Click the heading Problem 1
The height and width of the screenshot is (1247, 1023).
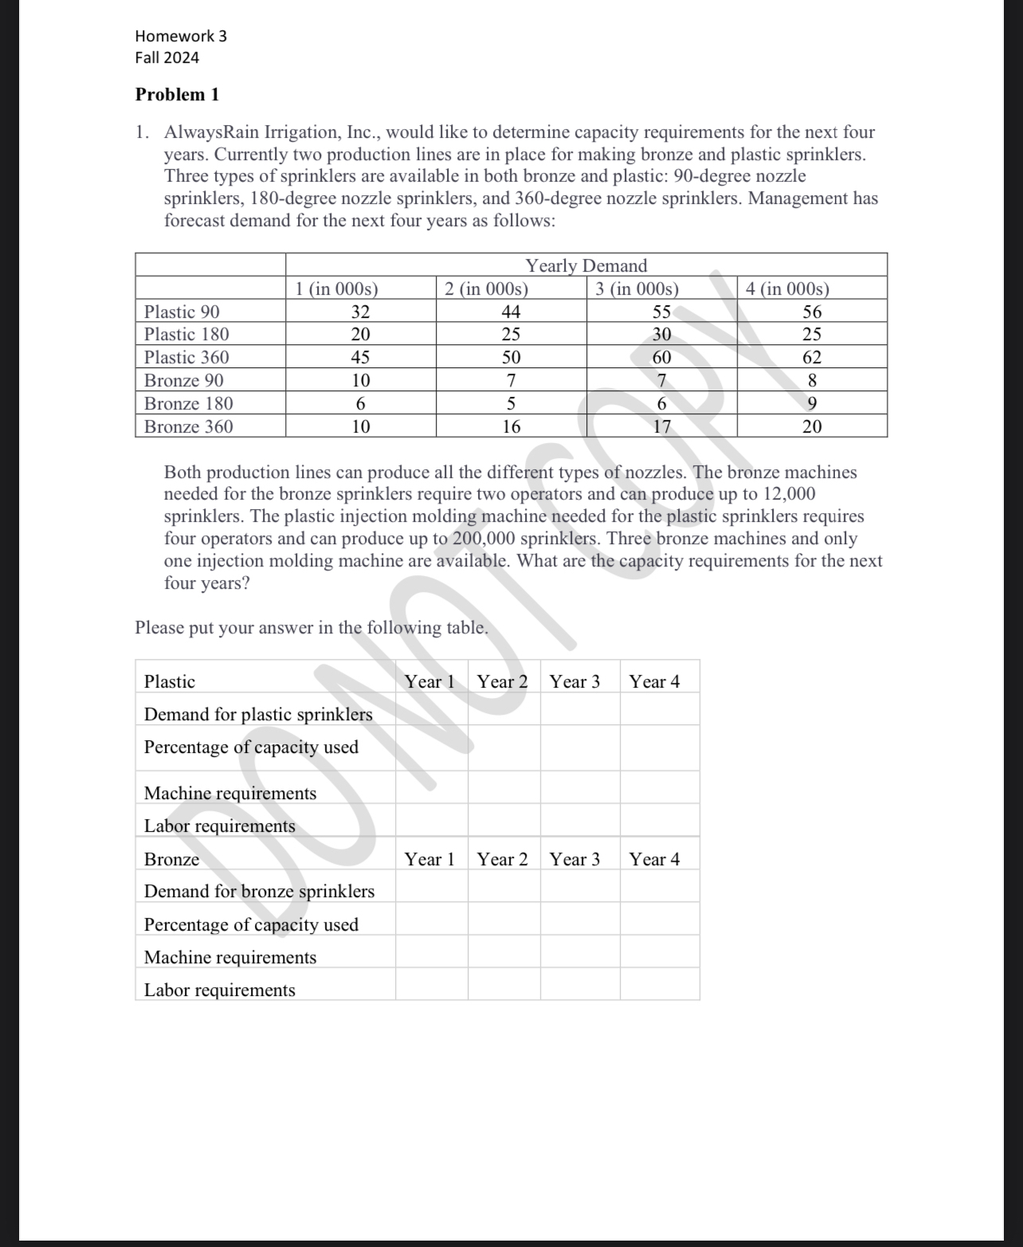[177, 95]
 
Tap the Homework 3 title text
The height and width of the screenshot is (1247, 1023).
[181, 36]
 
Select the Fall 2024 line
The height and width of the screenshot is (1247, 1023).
[167, 58]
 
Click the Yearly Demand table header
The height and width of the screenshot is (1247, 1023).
[586, 265]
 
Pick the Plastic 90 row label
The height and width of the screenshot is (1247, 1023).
[182, 312]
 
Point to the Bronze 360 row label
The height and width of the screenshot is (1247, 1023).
[189, 426]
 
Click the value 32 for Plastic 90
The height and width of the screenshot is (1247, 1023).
[360, 312]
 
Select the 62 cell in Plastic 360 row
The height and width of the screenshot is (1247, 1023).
[811, 358]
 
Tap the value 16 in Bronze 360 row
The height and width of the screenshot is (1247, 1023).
[511, 426]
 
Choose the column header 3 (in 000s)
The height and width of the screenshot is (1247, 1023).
[637, 288]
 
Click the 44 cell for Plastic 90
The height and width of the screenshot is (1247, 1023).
[511, 312]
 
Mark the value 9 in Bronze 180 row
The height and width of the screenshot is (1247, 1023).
[811, 404]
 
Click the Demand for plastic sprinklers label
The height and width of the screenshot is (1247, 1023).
[258, 715]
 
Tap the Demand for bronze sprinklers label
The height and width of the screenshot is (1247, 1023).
[259, 892]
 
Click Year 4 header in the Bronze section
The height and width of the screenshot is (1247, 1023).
[654, 859]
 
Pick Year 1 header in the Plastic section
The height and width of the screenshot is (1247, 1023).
[429, 682]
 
